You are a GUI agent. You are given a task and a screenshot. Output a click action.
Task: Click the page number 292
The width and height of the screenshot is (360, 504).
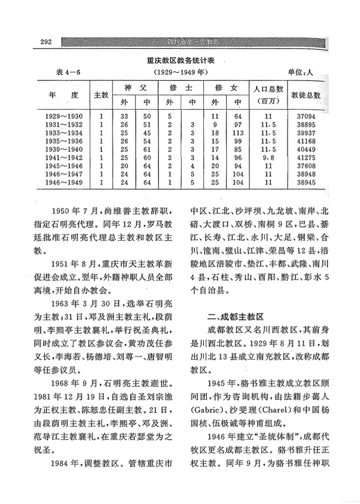click(x=46, y=42)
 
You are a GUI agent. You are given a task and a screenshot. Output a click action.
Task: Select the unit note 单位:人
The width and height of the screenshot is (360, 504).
click(x=301, y=72)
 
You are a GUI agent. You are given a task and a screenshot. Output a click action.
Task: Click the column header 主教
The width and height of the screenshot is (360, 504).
click(x=101, y=95)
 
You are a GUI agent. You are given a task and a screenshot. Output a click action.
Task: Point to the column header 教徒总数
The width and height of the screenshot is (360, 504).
click(x=306, y=95)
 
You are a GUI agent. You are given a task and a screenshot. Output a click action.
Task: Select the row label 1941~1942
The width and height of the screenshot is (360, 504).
click(x=64, y=157)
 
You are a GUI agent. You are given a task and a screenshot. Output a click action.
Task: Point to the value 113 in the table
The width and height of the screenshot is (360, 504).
click(x=238, y=133)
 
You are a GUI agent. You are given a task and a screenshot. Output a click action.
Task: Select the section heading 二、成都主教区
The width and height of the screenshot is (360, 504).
click(x=235, y=317)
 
